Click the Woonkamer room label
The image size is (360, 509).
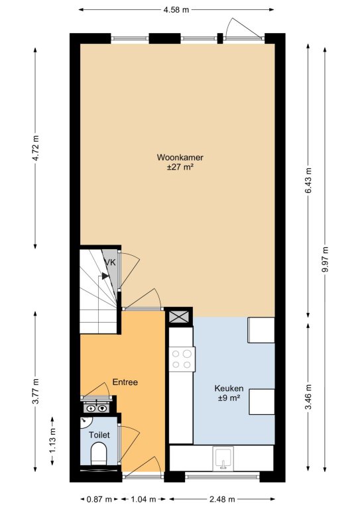point(180,158)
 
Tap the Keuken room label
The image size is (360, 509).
point(229,388)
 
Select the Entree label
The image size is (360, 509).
point(125,382)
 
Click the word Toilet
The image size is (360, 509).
point(99,435)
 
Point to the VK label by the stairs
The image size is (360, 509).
point(109,262)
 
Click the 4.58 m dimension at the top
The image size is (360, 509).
point(176,10)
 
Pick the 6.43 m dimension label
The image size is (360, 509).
point(308,180)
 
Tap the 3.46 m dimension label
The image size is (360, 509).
point(308,397)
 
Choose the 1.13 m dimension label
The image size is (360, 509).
point(52,441)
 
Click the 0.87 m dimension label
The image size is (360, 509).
point(99,499)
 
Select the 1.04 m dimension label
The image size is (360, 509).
point(143,499)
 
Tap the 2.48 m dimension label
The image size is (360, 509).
point(221,499)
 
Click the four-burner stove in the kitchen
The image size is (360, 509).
point(182,359)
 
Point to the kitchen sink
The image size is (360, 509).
point(223,458)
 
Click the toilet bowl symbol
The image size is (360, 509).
point(99,454)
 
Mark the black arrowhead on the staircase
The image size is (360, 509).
point(105,276)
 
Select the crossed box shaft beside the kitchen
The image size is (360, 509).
point(179,316)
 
